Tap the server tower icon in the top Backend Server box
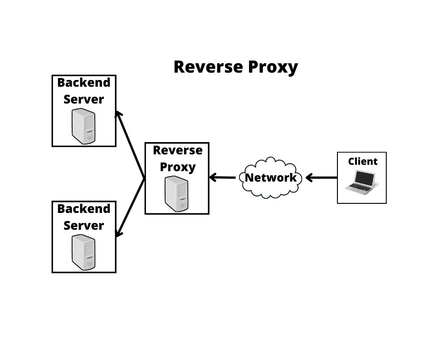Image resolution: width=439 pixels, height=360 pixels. (84, 126)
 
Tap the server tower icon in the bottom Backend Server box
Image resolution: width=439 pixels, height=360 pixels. (84, 252)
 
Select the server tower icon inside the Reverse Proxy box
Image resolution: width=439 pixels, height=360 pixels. (177, 194)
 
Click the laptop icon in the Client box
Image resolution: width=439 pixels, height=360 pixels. (361, 182)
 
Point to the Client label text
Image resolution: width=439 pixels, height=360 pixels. (362, 161)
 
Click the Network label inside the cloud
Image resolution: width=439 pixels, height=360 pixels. (270, 178)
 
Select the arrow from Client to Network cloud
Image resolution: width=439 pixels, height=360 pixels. (322, 178)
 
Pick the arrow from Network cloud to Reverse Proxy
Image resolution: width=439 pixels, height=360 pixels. (222, 178)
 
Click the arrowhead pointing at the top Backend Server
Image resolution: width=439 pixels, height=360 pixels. (118, 114)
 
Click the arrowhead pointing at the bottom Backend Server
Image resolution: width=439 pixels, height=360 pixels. (118, 233)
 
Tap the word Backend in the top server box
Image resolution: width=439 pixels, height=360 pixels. (84, 83)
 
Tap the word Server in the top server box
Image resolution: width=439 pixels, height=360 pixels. (84, 99)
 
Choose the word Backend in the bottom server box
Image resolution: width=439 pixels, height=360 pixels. (84, 209)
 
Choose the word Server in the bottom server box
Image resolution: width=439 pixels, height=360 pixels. (84, 226)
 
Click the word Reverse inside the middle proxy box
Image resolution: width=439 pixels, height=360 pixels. (177, 150)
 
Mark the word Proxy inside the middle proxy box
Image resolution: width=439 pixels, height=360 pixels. (177, 167)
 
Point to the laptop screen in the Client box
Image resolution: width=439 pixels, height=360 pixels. (364, 178)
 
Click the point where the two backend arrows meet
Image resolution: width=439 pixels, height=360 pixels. (145, 178)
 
